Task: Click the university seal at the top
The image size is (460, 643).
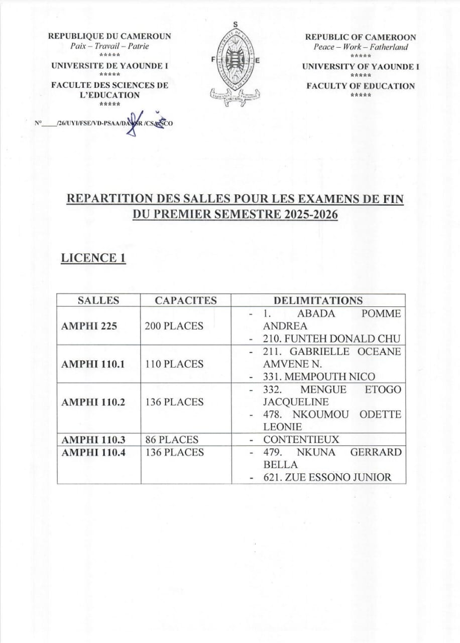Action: [x=235, y=65]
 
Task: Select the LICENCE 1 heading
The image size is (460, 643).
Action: [x=93, y=258]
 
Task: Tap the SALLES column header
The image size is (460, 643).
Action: [x=98, y=300]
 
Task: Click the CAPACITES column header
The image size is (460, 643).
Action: [x=185, y=300]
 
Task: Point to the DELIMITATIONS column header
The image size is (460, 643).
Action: [x=318, y=300]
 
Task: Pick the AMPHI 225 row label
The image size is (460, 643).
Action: [x=89, y=326]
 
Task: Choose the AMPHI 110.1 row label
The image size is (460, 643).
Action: [x=92, y=364]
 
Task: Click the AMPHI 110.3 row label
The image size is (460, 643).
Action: [x=93, y=440]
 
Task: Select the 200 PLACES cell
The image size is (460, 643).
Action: [x=174, y=326]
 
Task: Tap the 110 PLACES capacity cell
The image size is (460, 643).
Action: [x=174, y=364]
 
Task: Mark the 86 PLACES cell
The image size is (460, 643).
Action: [x=172, y=440]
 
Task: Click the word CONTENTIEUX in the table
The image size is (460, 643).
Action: [x=301, y=440]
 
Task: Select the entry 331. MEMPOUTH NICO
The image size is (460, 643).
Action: [x=319, y=376]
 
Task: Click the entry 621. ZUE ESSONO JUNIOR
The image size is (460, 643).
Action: [x=327, y=477]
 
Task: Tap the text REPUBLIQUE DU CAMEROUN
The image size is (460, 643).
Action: [x=109, y=36]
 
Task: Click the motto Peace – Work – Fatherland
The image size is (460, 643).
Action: [x=361, y=47]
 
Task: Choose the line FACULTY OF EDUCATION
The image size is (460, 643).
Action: [x=361, y=86]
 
